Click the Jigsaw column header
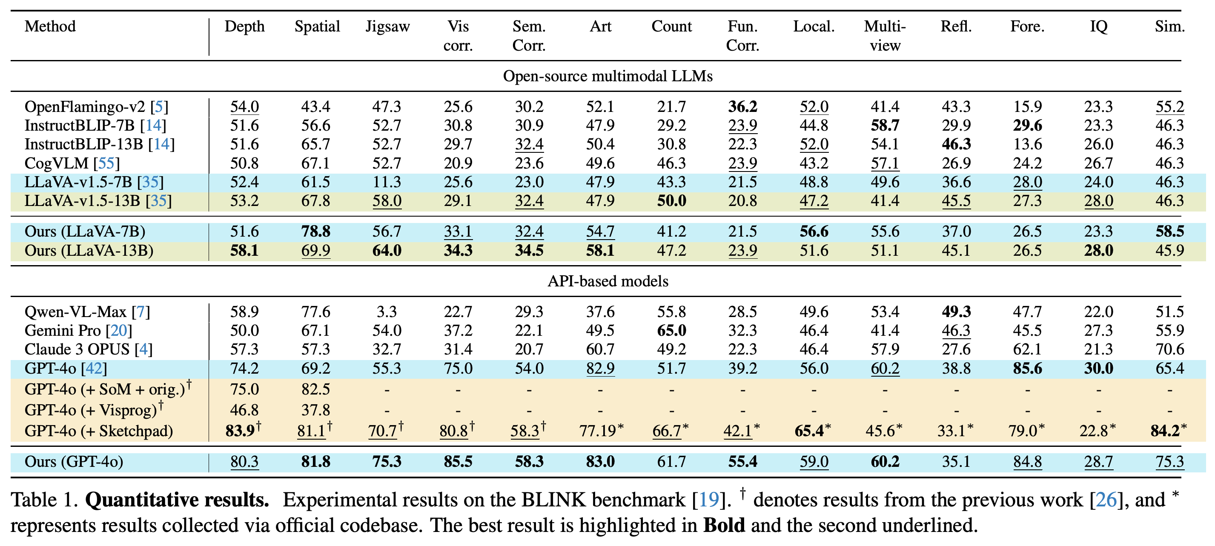pyautogui.click(x=388, y=26)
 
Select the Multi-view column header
pyautogui.click(x=885, y=36)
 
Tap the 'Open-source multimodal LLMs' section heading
pyautogui.click(x=607, y=76)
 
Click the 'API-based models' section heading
pyautogui.click(x=607, y=281)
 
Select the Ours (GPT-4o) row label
pyautogui.click(x=74, y=462)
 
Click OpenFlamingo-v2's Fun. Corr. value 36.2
pyautogui.click(x=742, y=106)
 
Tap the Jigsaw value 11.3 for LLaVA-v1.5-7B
pyautogui.click(x=387, y=182)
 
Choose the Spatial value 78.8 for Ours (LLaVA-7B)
pyautogui.click(x=315, y=232)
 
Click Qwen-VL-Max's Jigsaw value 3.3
pyautogui.click(x=387, y=312)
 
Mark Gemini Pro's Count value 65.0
pyautogui.click(x=672, y=331)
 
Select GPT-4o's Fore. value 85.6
pyautogui.click(x=1027, y=368)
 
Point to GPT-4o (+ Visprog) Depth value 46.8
pyautogui.click(x=244, y=410)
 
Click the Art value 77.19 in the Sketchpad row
pyautogui.click(x=601, y=431)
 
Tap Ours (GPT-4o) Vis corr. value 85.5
pyautogui.click(x=458, y=462)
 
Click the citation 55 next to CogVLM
pyautogui.click(x=106, y=163)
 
